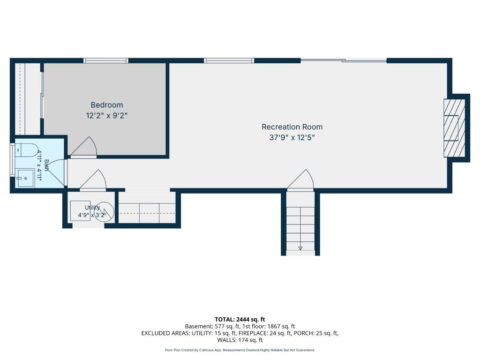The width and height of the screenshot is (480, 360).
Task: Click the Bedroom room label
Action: point(107,105)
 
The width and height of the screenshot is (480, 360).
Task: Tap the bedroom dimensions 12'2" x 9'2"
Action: point(106,116)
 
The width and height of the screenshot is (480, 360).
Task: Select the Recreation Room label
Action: point(292,127)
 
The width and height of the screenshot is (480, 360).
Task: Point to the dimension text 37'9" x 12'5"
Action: point(292,138)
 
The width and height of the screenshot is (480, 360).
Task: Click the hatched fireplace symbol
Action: point(455,128)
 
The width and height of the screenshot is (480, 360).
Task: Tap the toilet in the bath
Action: point(26,150)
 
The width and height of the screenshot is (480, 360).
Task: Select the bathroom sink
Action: point(25,178)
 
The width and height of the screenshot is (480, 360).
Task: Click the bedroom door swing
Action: point(84,147)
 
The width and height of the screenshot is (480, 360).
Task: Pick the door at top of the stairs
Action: point(300,180)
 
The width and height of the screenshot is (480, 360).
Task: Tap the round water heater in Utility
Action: point(104,211)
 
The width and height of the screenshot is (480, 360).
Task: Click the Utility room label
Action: point(92,208)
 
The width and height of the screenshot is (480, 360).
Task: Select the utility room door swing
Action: point(93,180)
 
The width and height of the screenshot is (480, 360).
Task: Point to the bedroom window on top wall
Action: point(106,60)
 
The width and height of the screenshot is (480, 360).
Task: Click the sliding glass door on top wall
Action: point(344,60)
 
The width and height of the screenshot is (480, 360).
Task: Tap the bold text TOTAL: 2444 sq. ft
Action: point(240,320)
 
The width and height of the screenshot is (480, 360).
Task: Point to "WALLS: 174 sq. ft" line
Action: point(240,340)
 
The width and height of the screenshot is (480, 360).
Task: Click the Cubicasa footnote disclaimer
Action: point(240,350)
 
